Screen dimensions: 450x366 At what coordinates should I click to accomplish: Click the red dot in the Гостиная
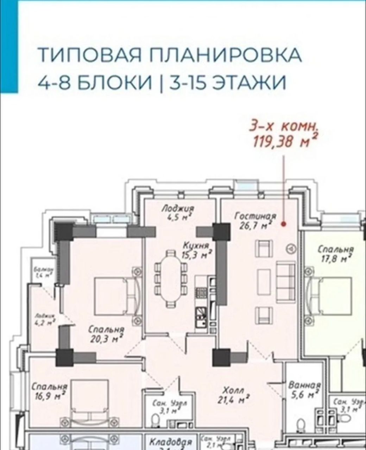[x=284, y=223]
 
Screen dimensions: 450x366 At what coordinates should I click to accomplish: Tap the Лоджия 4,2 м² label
[x=45, y=318]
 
